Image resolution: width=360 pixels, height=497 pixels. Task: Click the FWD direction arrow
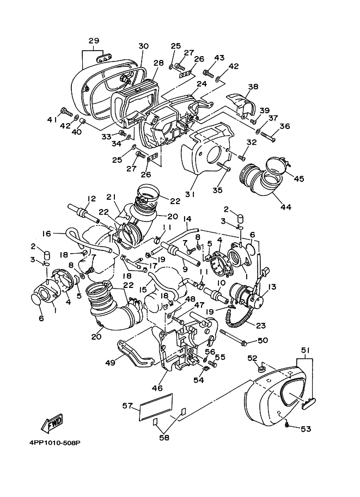[x=52, y=424]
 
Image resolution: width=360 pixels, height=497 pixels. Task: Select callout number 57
[x=127, y=406]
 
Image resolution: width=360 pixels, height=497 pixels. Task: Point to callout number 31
[x=190, y=194]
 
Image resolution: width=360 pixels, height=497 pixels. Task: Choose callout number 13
[x=272, y=286]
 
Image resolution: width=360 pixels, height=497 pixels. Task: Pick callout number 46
[x=157, y=388]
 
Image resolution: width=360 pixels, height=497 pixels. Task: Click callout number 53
[x=306, y=429]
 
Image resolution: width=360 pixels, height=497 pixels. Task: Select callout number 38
[x=253, y=87]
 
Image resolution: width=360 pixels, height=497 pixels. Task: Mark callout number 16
[x=46, y=234]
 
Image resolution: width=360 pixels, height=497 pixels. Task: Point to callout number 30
[x=143, y=46]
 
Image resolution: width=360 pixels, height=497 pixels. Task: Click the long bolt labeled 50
[x=233, y=338]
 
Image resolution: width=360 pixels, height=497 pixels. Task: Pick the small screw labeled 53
[x=287, y=425]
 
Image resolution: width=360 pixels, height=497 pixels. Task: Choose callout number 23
[x=261, y=325]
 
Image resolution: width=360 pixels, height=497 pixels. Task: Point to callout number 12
[x=91, y=199]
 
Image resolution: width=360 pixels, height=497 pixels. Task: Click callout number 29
[x=94, y=41]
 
